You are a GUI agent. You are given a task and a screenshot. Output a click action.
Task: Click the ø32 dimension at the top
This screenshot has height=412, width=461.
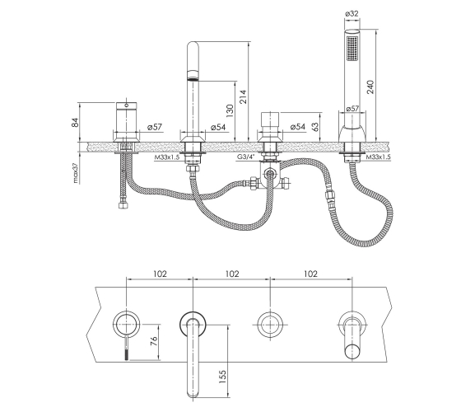tap(352, 13)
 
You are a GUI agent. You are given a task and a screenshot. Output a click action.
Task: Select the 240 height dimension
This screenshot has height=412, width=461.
tap(370, 87)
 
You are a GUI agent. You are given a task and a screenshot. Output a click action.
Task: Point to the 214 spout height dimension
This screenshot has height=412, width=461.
tap(243, 97)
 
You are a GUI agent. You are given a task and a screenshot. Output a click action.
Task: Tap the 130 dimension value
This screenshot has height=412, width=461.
tap(230, 110)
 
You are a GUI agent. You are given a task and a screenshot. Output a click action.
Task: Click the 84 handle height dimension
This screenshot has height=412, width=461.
tap(75, 122)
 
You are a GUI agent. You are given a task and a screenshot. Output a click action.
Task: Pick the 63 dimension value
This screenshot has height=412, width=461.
tap(314, 127)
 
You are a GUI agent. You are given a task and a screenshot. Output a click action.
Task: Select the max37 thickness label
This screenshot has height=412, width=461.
tap(76, 173)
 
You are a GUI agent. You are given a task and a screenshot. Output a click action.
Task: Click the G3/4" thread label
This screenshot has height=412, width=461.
tap(246, 157)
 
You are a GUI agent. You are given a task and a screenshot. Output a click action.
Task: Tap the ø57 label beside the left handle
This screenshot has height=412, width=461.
tap(155, 127)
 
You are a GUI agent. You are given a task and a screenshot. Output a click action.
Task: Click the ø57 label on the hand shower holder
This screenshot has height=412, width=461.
tap(352, 109)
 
